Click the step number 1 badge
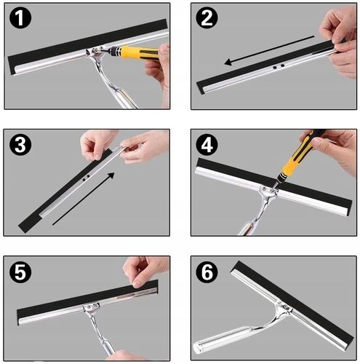(20, 17)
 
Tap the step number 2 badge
(207, 17)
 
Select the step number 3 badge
(20, 145)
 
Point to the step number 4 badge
(207, 145)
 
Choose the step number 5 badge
(20, 272)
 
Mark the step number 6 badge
(207, 272)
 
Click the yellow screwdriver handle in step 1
(139, 52)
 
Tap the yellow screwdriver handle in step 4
(297, 154)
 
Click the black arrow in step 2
(269, 50)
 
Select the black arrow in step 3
(83, 199)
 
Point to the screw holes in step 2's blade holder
(279, 66)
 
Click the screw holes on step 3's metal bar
(86, 178)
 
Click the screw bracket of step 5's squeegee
(91, 307)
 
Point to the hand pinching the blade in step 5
(144, 271)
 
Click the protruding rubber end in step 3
(31, 222)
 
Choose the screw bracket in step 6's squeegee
(284, 306)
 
